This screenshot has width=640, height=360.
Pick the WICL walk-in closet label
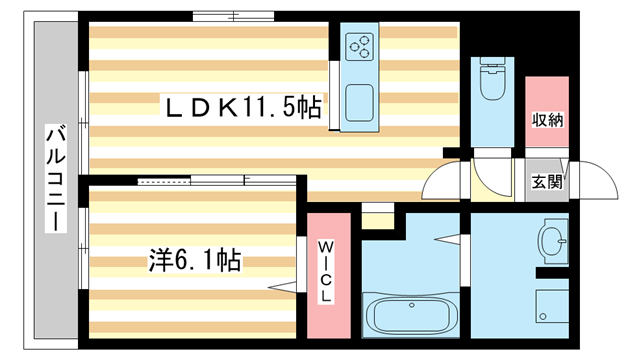tap(327, 273)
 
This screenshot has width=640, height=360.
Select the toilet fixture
tap(493, 83)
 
